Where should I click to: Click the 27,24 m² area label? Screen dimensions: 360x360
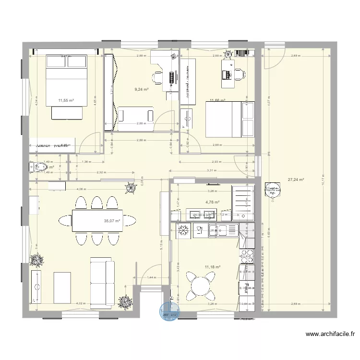296,180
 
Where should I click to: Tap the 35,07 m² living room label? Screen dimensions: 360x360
112,221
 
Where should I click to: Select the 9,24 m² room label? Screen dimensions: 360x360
142,89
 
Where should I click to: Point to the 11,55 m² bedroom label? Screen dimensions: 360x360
66,100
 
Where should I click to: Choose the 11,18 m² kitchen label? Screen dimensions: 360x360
212,267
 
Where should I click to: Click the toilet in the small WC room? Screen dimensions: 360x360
39,167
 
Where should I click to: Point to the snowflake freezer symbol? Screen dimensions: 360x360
183,231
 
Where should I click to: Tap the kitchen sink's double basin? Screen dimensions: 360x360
222,231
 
